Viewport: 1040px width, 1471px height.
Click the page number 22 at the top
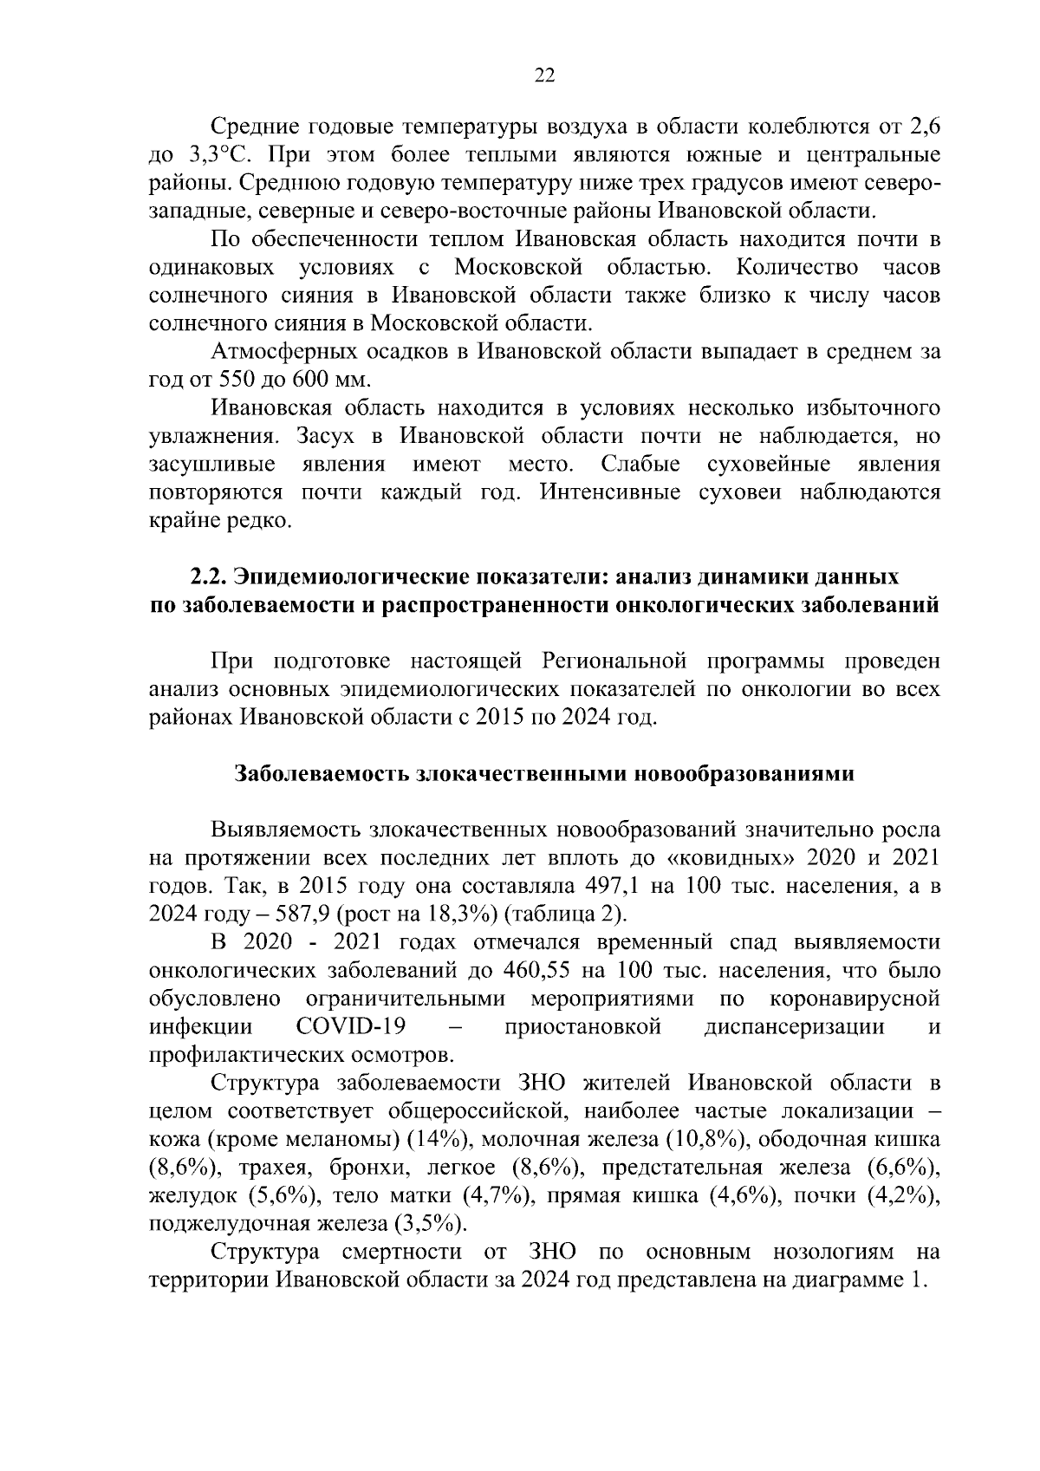pos(543,75)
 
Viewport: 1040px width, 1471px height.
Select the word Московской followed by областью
pos(518,267)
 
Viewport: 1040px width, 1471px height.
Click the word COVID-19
pos(350,1027)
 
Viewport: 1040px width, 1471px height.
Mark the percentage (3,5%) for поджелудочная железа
pos(428,1224)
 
